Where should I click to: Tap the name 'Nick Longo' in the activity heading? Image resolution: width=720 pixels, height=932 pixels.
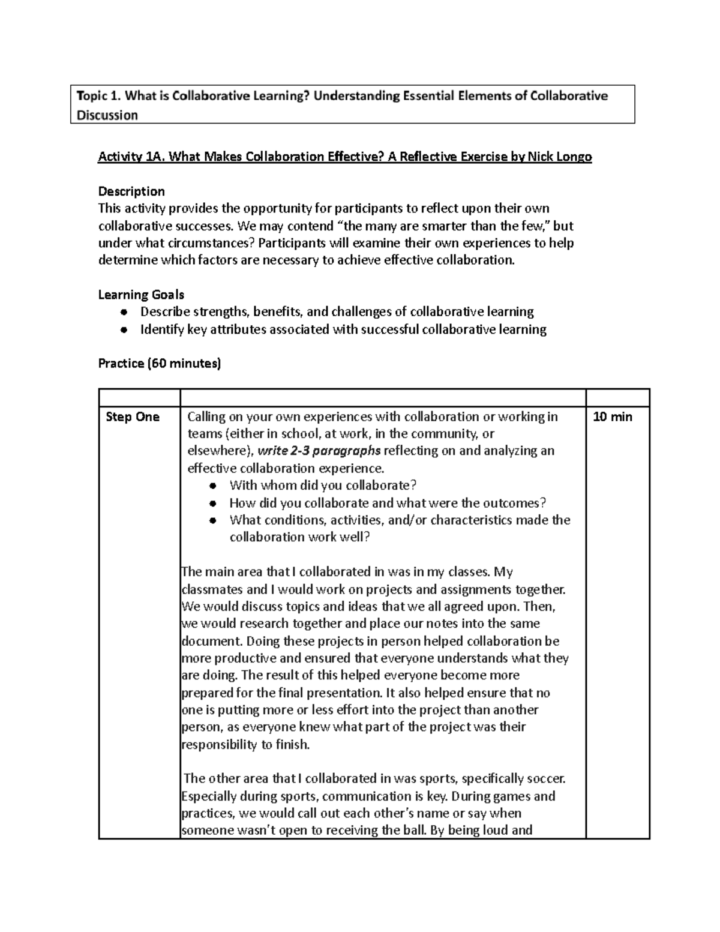tap(559, 157)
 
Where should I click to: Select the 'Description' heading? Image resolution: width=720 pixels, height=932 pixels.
tap(131, 191)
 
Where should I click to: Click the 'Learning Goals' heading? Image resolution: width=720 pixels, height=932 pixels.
tap(141, 295)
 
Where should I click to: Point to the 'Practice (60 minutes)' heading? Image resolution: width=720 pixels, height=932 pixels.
tap(159, 364)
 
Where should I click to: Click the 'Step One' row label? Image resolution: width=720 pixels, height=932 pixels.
tap(133, 417)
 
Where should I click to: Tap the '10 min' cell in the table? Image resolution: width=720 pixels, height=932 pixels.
tap(612, 417)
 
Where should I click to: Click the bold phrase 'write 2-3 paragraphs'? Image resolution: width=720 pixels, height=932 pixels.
tap(319, 451)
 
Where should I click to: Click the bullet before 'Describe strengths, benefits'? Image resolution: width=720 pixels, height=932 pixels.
tap(123, 312)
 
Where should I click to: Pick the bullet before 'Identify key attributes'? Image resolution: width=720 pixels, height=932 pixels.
tap(123, 329)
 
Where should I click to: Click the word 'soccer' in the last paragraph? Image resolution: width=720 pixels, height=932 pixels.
tap(545, 779)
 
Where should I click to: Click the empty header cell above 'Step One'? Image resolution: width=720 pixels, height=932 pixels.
tap(139, 397)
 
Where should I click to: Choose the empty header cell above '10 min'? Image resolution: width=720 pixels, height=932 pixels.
tap(617, 397)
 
